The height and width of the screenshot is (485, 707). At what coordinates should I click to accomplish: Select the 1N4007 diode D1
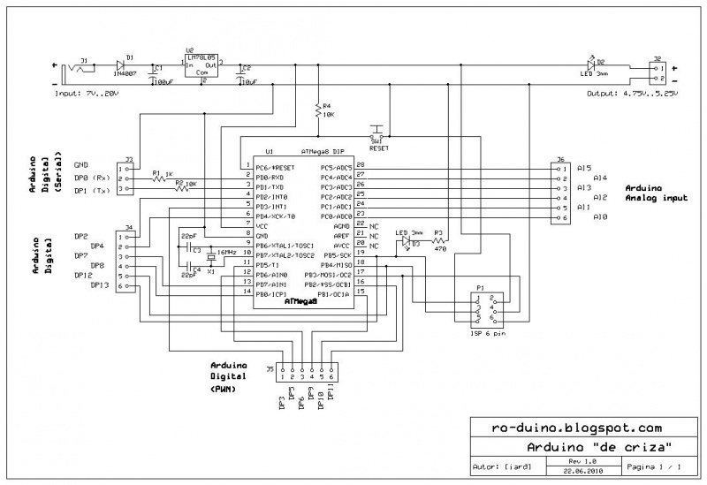tap(119, 66)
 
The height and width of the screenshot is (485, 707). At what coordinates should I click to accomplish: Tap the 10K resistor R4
tap(318, 112)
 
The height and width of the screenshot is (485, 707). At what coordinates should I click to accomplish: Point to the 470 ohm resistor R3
tap(437, 239)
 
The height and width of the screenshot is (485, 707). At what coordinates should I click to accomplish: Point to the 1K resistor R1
tap(159, 178)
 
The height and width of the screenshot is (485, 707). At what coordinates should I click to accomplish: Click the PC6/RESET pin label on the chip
tap(274, 167)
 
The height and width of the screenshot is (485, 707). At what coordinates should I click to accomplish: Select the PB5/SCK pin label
tap(336, 255)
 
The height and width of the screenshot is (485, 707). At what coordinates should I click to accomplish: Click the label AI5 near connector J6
tap(583, 168)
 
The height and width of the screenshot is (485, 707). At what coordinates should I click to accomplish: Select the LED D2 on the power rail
tap(591, 65)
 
